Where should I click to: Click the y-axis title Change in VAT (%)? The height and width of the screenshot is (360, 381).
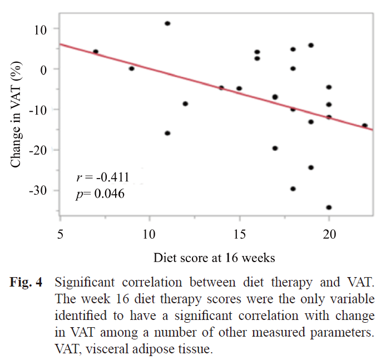click(x=17, y=111)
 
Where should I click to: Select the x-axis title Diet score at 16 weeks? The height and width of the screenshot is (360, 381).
click(x=214, y=258)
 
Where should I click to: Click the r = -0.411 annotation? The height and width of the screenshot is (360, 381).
click(x=103, y=178)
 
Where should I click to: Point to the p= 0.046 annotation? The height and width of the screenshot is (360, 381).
click(x=101, y=194)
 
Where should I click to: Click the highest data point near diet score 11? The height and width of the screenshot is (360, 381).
click(x=167, y=23)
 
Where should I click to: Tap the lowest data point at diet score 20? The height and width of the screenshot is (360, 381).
click(x=329, y=207)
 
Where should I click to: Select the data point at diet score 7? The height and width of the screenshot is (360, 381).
click(x=96, y=52)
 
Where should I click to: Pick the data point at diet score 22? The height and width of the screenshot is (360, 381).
click(x=365, y=126)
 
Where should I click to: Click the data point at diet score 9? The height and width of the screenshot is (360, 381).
click(x=132, y=68)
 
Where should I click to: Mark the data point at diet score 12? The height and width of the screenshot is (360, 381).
click(x=185, y=103)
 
